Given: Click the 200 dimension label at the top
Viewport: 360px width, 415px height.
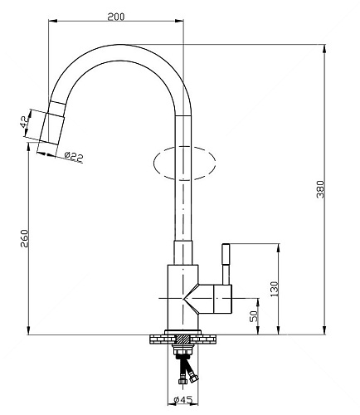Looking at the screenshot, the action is (116, 17).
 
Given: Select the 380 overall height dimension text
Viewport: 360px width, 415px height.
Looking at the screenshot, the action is (320, 189).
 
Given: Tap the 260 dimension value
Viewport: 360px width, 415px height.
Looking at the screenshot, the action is (25, 238).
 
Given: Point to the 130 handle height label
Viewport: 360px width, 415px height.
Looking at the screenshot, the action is (275, 290).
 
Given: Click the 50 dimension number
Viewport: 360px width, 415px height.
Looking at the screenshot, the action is (254, 315).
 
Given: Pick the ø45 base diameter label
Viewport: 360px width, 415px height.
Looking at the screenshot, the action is (182, 400).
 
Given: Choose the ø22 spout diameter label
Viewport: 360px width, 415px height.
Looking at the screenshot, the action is (74, 157).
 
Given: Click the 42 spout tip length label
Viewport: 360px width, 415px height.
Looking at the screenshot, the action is (24, 122).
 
